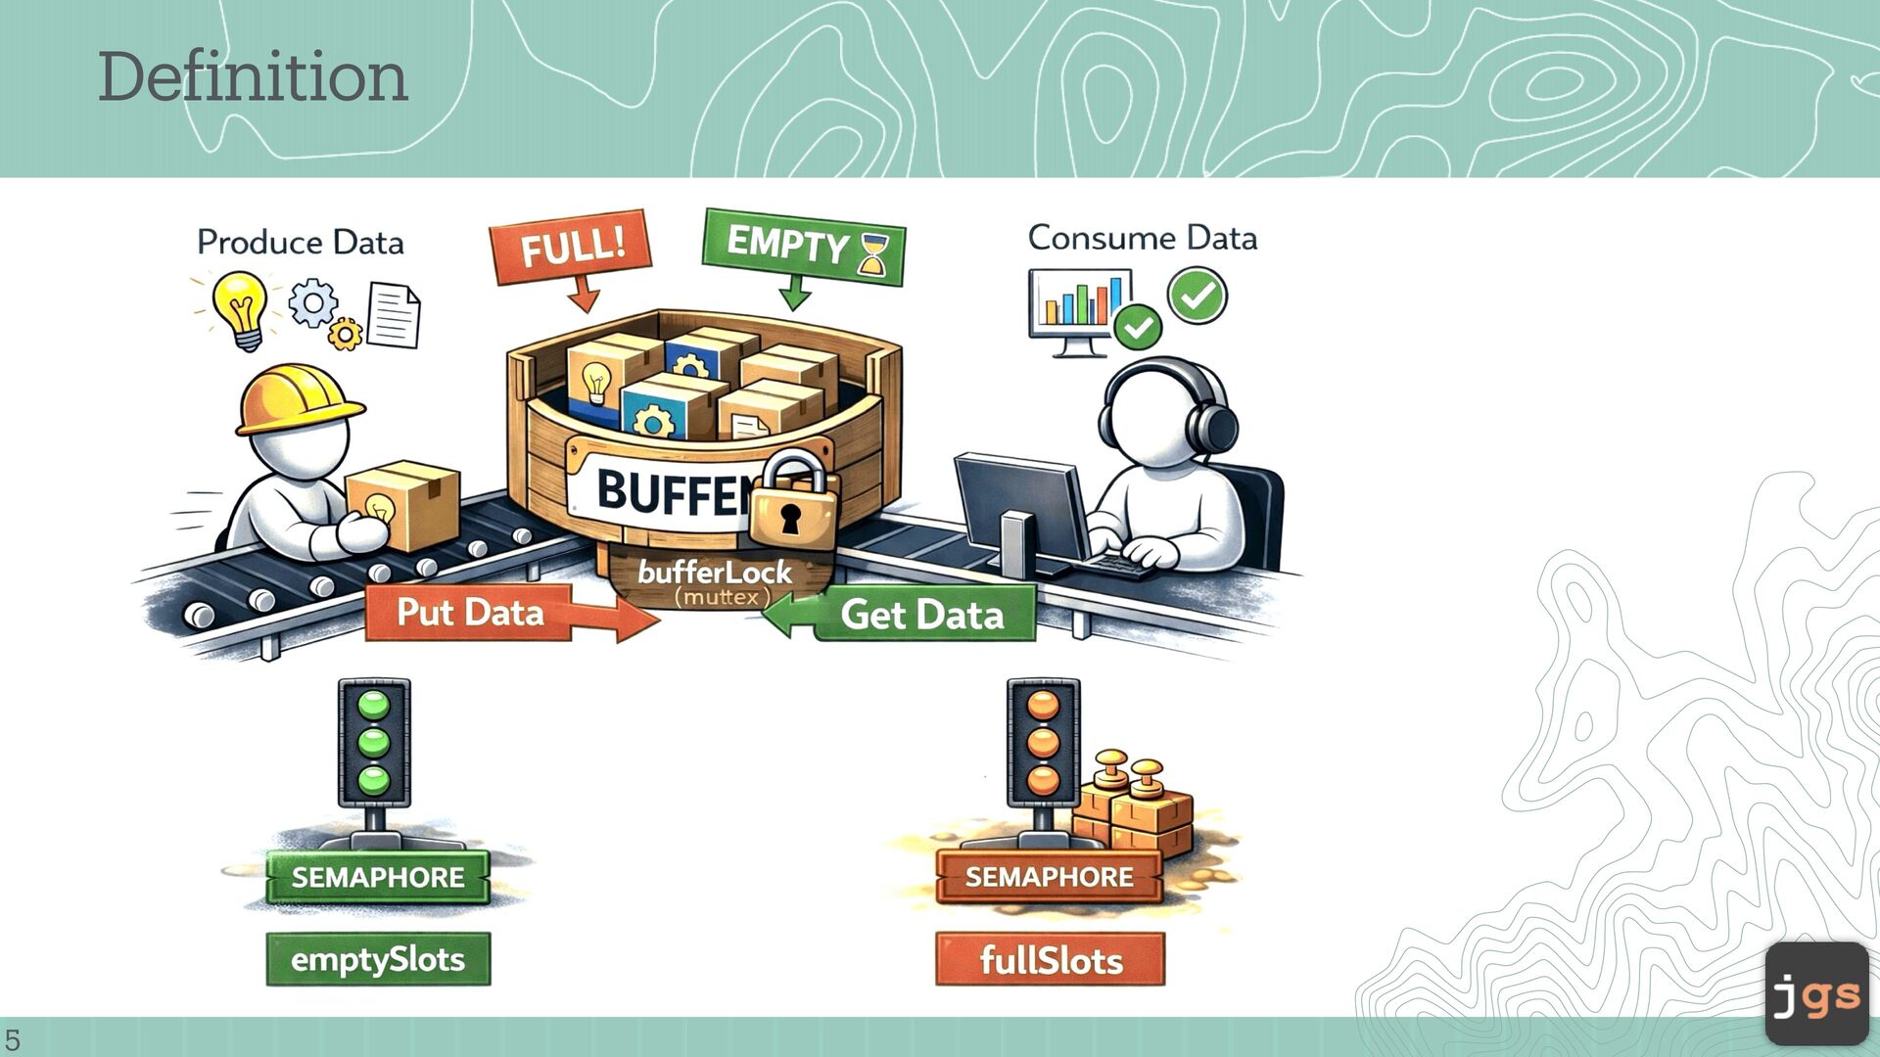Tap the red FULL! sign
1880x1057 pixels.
571,245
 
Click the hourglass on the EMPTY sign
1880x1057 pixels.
872,254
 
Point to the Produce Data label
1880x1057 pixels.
301,242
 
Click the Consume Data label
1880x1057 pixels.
1142,238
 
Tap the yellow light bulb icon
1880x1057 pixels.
241,307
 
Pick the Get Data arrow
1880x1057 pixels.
906,615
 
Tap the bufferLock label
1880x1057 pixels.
715,573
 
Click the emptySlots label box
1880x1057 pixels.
378,959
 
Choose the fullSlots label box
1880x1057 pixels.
1051,960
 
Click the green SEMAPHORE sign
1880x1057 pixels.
378,877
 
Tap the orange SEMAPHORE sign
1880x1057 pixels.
1049,877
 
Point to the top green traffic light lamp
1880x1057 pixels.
374,706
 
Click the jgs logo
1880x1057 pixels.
1816,994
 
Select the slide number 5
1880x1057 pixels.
13,1039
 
